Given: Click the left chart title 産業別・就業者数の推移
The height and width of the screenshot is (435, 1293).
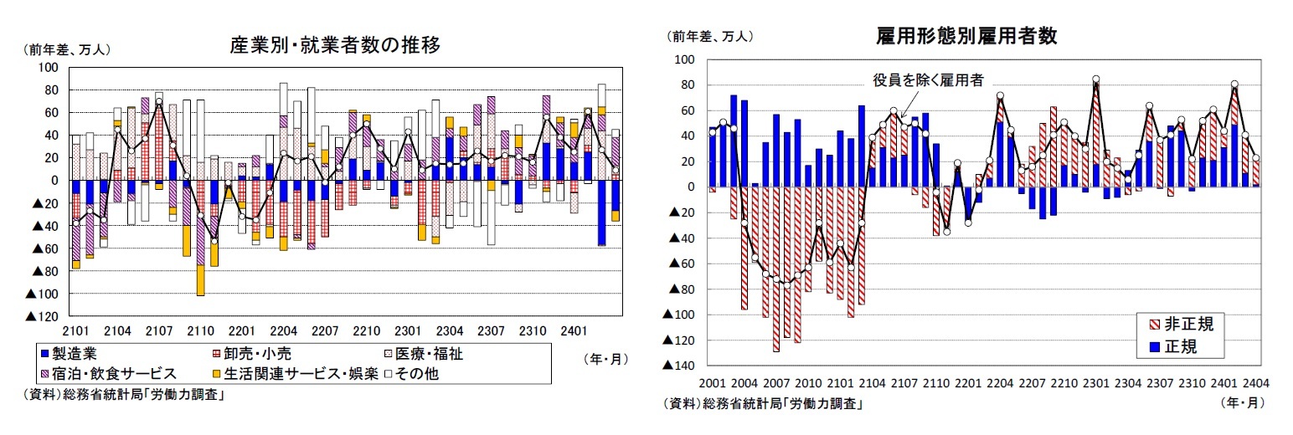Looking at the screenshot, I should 335,44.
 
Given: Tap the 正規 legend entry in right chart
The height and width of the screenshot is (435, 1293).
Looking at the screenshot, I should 1168,345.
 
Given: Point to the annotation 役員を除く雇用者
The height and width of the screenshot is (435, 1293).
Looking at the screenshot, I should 928,80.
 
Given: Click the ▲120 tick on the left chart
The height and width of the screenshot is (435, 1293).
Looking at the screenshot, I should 43,316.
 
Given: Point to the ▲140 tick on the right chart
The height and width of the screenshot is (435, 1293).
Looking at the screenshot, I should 679,366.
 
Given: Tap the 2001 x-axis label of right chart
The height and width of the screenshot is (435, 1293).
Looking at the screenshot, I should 711,383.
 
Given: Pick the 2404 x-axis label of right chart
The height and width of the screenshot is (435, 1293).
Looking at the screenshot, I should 1254,383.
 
